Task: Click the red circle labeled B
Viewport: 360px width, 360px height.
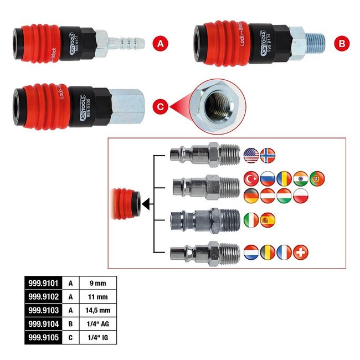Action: click(x=342, y=43)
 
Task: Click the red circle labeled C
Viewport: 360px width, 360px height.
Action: click(x=160, y=105)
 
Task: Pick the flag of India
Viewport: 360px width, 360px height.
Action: click(x=301, y=178)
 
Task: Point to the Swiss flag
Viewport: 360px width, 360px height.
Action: click(x=301, y=252)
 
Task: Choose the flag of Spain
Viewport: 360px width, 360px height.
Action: click(x=268, y=220)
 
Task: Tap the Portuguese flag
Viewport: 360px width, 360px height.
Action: click(x=317, y=178)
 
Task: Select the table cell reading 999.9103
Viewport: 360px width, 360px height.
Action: click(x=41, y=310)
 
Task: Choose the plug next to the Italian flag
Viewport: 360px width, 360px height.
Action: click(x=204, y=220)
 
